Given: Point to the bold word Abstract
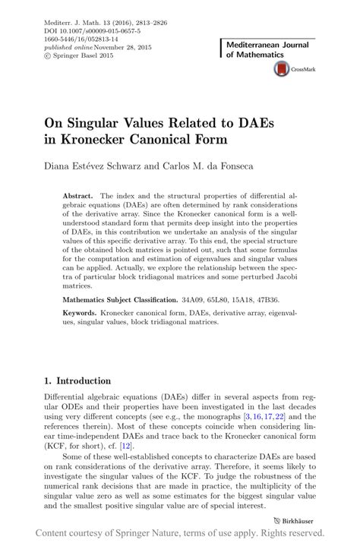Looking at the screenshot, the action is pos(79,195).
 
